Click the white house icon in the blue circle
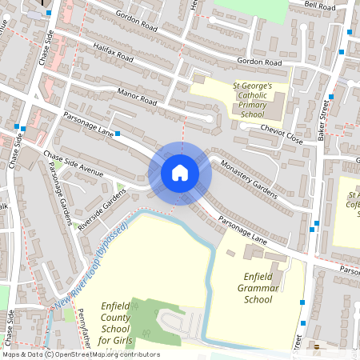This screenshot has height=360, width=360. coord(180,172)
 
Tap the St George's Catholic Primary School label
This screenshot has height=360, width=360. coord(253,100)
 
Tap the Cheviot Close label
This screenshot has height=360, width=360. coord(285,138)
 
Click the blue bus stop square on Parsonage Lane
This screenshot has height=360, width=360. coord(118,133)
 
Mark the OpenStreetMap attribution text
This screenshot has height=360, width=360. coord(80,354)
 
